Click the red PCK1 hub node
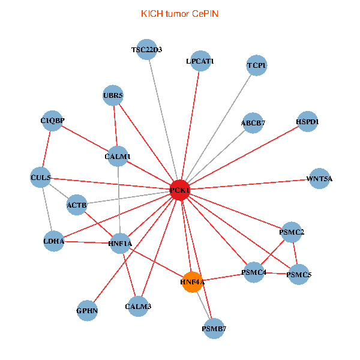point(180,190)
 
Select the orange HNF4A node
point(192,281)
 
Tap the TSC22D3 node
point(147,50)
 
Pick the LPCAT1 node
point(200,61)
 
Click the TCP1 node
point(257,65)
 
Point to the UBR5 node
point(113,95)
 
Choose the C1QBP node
point(52,121)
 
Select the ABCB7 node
point(253,123)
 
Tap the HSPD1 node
point(307,122)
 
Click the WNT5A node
point(319,178)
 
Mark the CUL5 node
point(41,178)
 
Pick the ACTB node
point(77,205)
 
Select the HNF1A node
point(120,243)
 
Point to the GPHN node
point(87,311)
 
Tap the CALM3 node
point(138,307)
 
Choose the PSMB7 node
point(214,328)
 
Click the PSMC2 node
point(292,232)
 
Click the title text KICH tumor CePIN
point(180,13)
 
